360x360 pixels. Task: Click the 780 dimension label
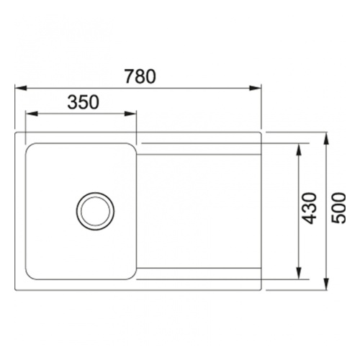140,76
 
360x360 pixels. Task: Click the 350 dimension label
83,102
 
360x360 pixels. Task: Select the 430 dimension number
310,208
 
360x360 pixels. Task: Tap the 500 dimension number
338,208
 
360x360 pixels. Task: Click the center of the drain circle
95,212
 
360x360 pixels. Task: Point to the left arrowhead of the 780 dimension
20,88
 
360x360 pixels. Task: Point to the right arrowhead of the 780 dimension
255,88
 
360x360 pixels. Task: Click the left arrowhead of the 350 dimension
31,114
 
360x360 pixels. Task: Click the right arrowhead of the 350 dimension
130,114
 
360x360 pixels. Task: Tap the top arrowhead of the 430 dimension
299,149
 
